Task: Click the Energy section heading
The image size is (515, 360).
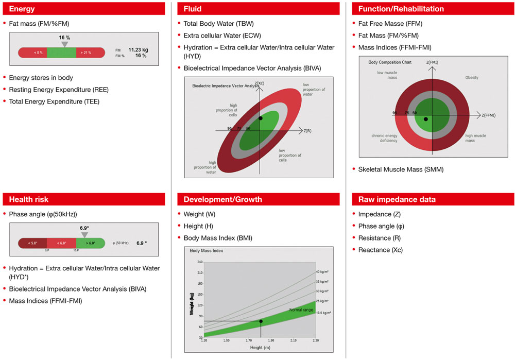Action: pos(22,9)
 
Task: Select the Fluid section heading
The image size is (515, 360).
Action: pos(193,9)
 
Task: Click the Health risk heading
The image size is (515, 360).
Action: pos(29,199)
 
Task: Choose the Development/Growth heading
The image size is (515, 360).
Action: pos(222,199)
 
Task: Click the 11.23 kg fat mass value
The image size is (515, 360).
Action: pos(138,49)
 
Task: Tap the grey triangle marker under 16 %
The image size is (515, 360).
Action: pos(64,44)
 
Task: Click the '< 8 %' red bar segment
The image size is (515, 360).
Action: pos(38,53)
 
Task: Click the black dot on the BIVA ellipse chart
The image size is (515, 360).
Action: pos(261,118)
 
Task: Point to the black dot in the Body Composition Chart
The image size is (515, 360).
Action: pos(425,119)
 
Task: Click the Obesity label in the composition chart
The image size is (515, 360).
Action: pos(472,78)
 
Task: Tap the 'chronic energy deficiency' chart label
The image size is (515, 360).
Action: pos(384,138)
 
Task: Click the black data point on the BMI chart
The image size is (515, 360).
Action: pos(261,321)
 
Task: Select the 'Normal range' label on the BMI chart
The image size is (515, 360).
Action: pos(301,310)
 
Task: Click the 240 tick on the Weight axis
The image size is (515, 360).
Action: pos(200,262)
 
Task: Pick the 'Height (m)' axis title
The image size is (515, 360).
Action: pos(260,348)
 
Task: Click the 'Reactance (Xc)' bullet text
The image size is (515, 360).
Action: pos(381,250)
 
